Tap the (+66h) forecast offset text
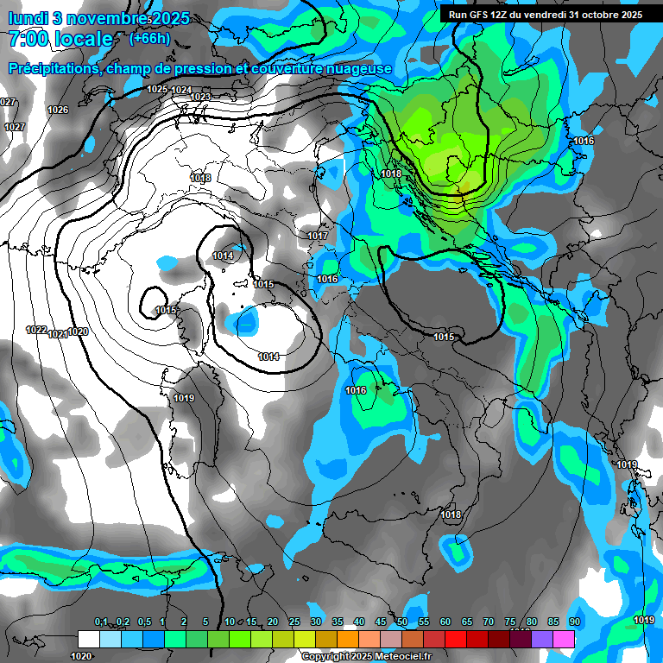click(150, 38)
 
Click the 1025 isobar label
click(157, 89)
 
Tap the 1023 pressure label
click(200, 97)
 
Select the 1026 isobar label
click(58, 110)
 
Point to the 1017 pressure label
click(318, 236)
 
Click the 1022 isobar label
click(36, 330)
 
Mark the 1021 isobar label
click(58, 333)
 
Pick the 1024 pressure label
click(181, 90)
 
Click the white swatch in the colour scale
click(88, 639)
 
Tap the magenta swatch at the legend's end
click(564, 639)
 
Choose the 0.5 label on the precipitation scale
click(143, 622)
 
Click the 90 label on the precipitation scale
click(574, 622)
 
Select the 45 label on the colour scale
click(381, 622)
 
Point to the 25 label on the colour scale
click(294, 622)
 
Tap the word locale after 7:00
click(82, 39)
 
